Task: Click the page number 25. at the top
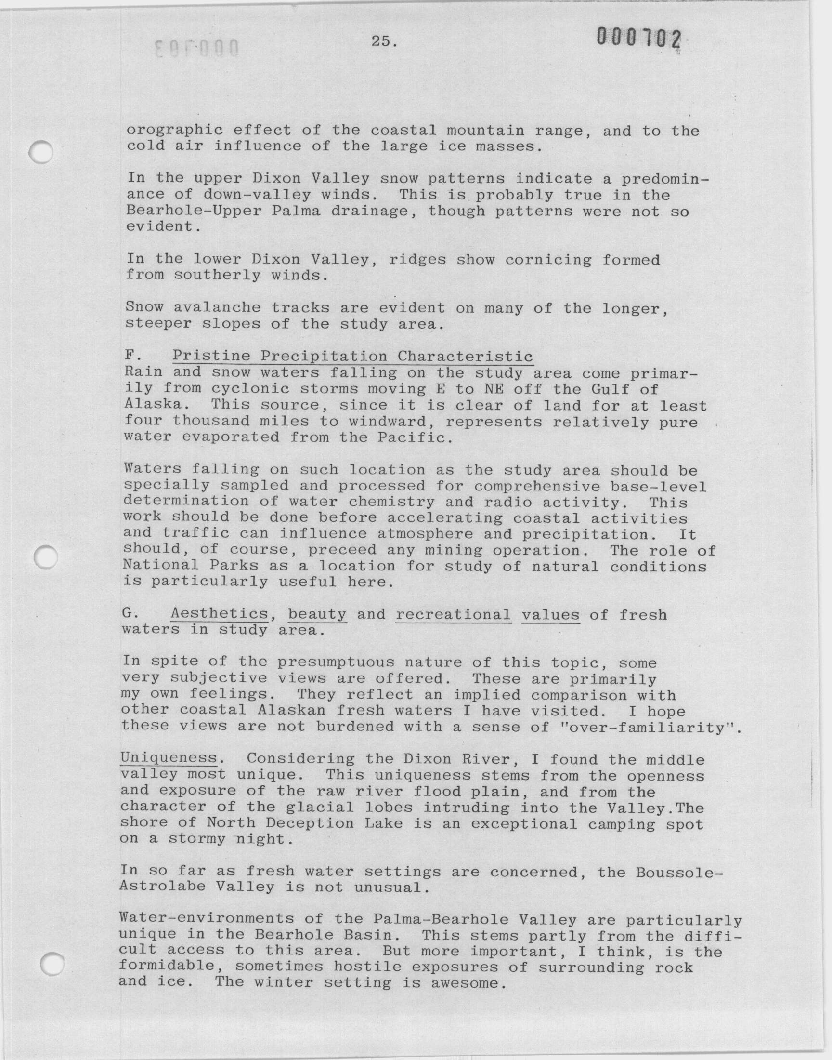click(384, 41)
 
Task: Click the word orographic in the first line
click(175, 131)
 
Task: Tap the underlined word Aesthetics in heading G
click(219, 614)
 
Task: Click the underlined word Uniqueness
click(169, 758)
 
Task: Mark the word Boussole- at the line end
click(679, 872)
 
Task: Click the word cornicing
click(548, 260)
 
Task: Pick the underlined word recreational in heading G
click(453, 615)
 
